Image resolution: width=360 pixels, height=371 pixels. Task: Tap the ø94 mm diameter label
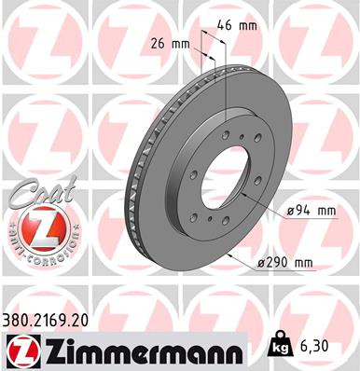310,211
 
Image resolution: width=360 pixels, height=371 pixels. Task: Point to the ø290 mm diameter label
284,263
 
